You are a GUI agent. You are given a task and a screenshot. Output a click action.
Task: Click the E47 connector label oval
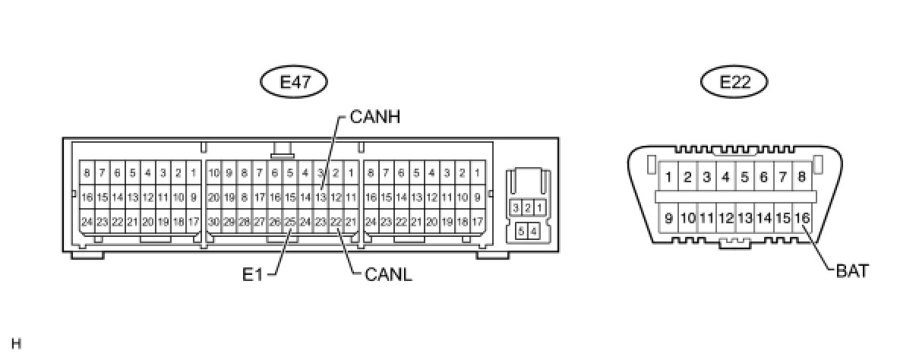295,82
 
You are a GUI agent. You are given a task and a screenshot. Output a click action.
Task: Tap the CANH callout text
374,118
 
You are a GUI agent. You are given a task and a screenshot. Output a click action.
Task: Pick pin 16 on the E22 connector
803,218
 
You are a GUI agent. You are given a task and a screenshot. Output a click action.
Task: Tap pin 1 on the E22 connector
668,178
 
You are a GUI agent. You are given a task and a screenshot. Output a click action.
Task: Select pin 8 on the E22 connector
803,178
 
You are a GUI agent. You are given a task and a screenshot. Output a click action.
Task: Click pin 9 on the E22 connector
668,218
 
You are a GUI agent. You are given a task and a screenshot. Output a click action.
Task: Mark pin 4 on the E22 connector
725,178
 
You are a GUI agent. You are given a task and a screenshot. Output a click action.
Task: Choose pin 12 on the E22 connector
725,218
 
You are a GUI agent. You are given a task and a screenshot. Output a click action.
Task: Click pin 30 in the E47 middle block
213,222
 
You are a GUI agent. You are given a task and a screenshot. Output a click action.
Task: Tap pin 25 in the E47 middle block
289,222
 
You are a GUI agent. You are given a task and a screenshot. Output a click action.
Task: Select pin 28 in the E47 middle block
244,222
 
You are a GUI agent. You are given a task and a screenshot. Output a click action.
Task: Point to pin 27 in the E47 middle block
259,222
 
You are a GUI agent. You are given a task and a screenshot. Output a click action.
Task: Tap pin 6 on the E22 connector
764,178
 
